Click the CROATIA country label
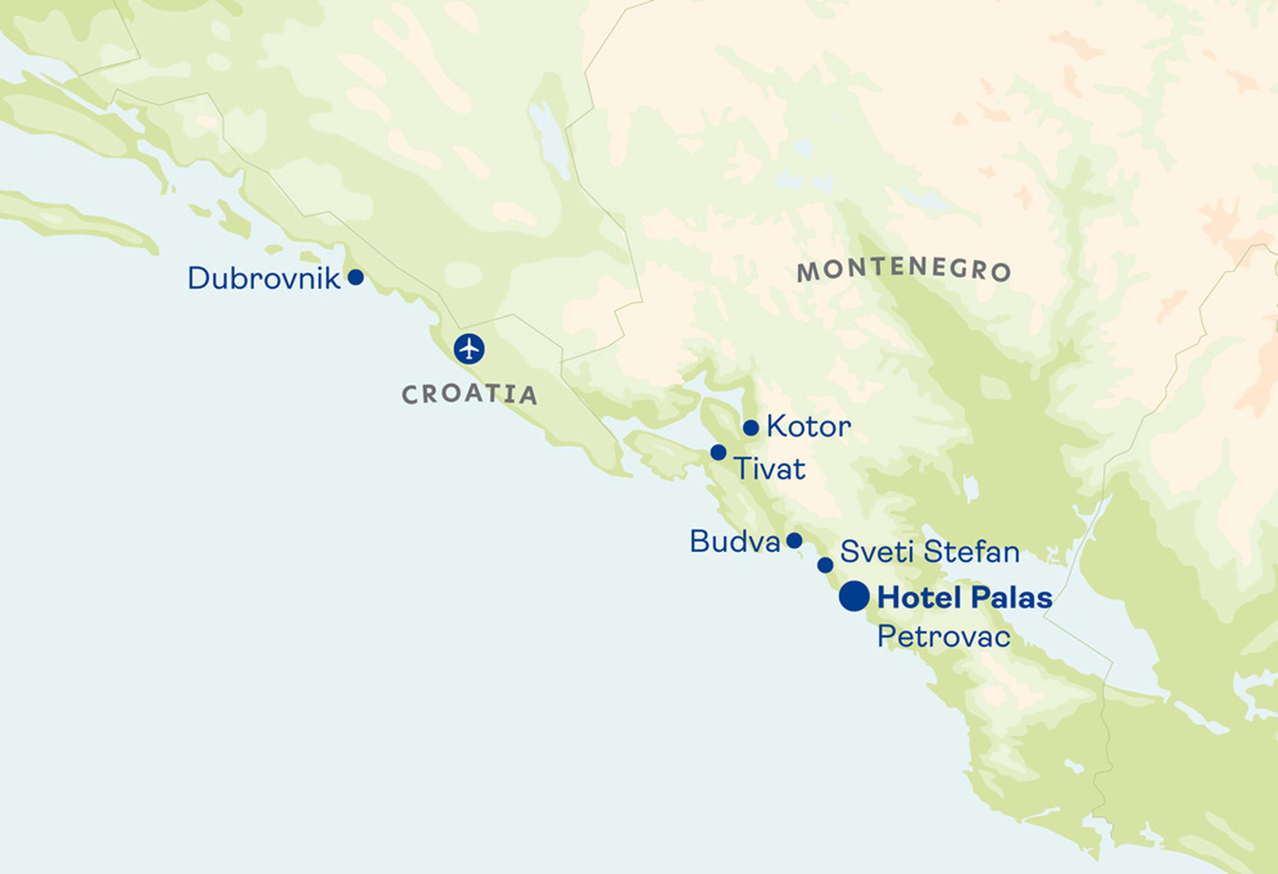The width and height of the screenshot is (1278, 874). click(x=469, y=394)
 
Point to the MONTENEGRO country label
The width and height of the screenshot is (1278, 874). click(x=904, y=270)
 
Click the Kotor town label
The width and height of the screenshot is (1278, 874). click(x=808, y=427)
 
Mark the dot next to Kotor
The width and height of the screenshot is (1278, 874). click(x=750, y=427)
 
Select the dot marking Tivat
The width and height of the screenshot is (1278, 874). click(x=718, y=452)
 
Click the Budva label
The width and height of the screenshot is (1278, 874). click(x=735, y=542)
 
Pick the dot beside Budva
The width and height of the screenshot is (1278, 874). click(x=794, y=541)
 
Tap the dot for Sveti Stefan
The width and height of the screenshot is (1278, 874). click(x=825, y=565)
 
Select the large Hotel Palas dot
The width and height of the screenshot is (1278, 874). click(x=854, y=596)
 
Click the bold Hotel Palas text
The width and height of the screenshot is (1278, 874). click(x=964, y=598)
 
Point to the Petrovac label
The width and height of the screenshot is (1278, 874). click(x=944, y=637)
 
